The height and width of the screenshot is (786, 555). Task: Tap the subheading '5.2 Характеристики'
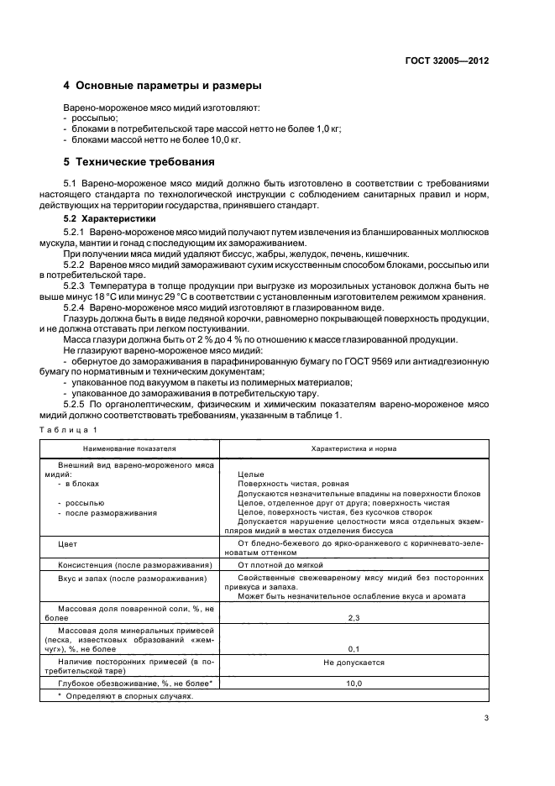tap(109, 218)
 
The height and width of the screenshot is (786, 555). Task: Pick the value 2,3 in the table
tap(353, 616)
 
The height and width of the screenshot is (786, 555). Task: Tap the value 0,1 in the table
tap(353, 648)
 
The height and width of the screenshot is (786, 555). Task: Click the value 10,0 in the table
tap(353, 684)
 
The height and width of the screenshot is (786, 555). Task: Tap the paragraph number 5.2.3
tap(77, 285)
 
